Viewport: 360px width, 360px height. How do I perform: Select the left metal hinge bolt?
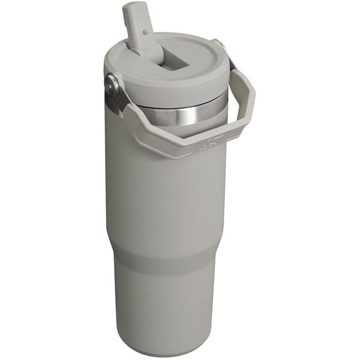(112, 83)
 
